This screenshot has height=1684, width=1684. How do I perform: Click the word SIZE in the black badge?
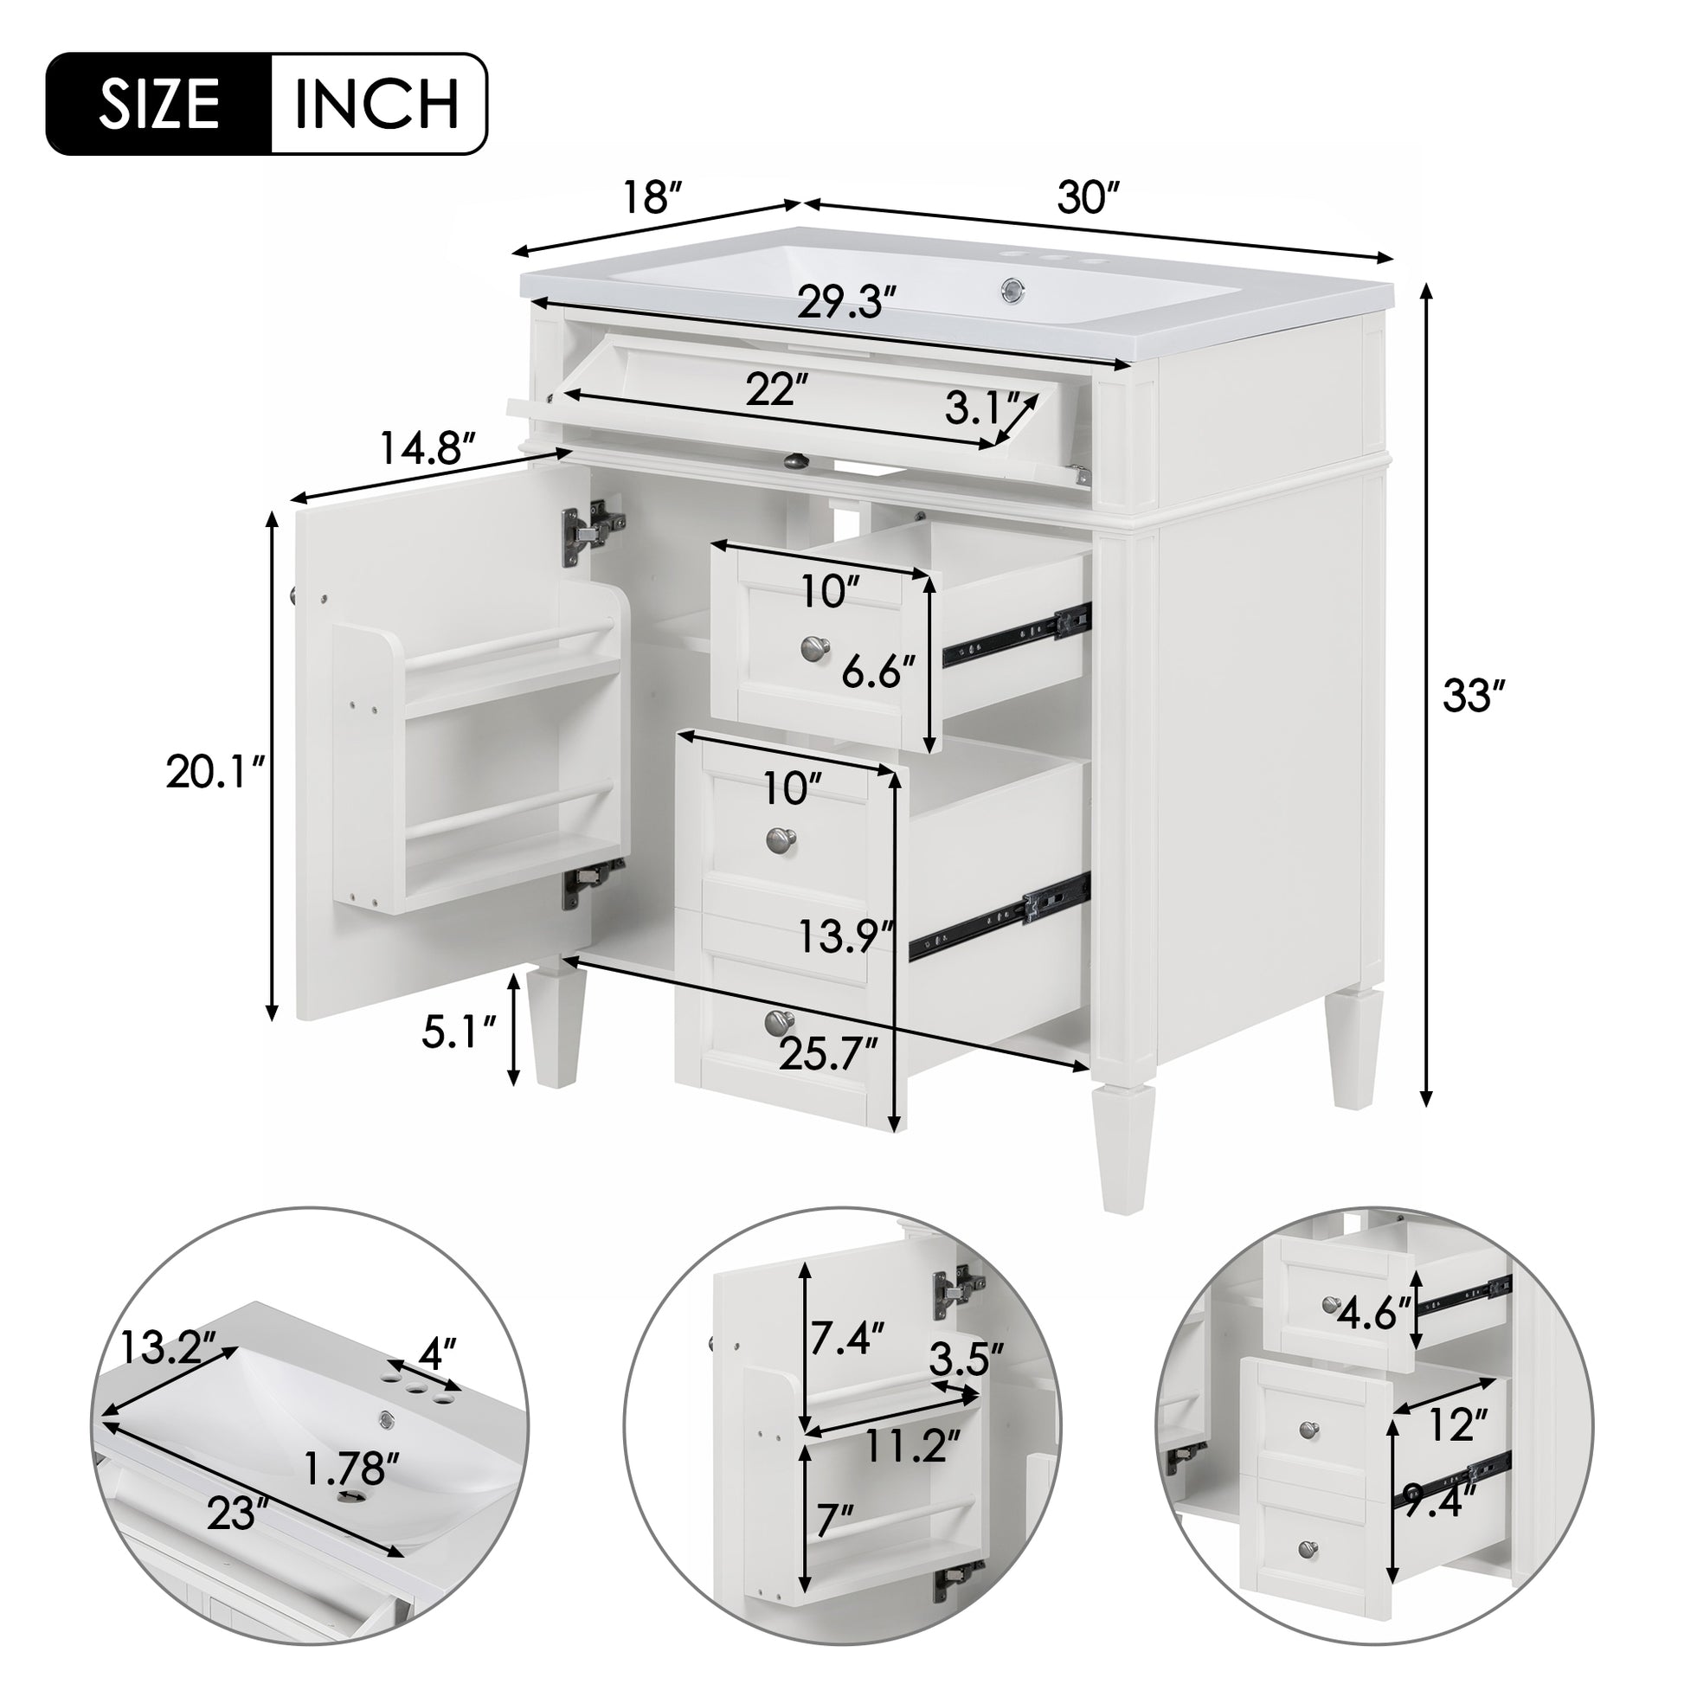(x=157, y=105)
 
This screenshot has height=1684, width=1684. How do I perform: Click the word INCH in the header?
(x=376, y=105)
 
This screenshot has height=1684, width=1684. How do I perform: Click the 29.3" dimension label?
(x=846, y=305)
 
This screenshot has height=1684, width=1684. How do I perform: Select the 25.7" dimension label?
(x=829, y=1057)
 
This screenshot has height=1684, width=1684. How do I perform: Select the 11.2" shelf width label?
(x=909, y=1448)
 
